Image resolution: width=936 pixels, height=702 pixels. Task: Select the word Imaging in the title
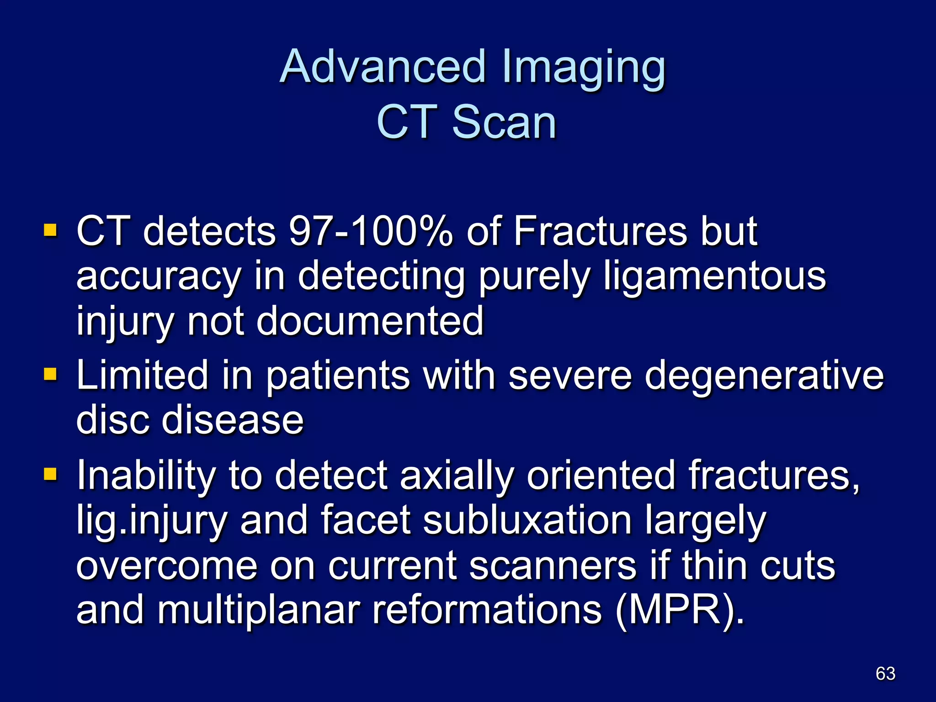tap(583, 69)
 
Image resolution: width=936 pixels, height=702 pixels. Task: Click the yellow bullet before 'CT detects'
tap(50, 230)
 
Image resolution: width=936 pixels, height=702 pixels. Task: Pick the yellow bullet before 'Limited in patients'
tap(50, 374)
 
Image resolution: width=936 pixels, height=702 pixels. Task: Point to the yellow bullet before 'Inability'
tap(50, 474)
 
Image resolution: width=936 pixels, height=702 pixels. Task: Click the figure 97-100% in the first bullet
tap(371, 231)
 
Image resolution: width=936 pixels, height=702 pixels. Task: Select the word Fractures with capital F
tap(601, 231)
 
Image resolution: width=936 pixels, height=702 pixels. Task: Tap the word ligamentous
tap(714, 277)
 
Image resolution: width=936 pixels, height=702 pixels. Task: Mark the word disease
tap(233, 420)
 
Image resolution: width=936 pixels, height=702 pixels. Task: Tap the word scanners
tap(553, 566)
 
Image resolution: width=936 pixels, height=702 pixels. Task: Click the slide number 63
tap(885, 674)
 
